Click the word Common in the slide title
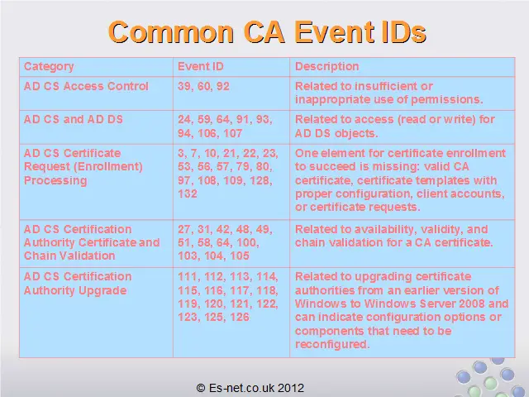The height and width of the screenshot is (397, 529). click(171, 32)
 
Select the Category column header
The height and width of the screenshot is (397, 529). click(49, 67)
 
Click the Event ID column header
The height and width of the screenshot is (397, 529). click(201, 66)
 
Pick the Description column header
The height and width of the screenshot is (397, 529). click(327, 67)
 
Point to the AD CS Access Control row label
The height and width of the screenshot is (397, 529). click(86, 86)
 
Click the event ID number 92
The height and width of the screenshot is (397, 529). click(223, 86)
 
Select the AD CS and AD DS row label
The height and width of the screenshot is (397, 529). click(74, 119)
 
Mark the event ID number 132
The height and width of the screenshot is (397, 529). click(188, 194)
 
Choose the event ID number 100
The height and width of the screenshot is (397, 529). click(248, 242)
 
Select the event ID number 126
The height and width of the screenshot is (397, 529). click(240, 318)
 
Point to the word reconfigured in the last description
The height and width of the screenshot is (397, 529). click(332, 345)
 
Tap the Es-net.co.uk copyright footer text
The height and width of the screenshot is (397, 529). click(250, 388)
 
